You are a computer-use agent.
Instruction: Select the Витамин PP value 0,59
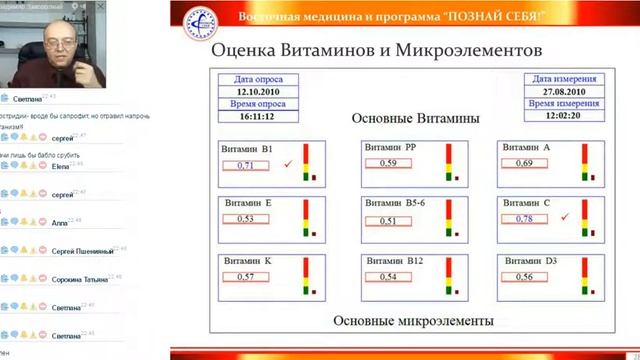pos(388,163)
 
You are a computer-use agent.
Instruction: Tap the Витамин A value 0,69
pos(524,163)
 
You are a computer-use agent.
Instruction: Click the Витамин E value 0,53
pos(246,219)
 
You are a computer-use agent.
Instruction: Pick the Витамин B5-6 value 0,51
pos(388,221)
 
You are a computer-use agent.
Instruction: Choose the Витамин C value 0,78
pos(524,219)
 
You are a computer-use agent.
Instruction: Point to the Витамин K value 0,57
pos(246,276)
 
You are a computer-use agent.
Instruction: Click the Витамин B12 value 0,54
pos(388,277)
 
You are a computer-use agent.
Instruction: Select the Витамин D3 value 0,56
pos(524,277)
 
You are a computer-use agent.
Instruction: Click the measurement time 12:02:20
pos(565,115)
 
